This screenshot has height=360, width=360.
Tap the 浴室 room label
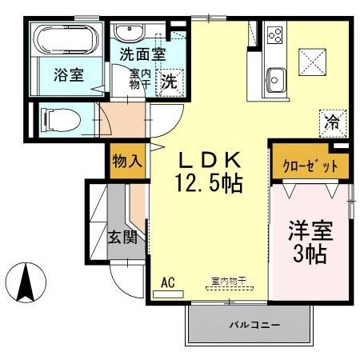coord(69,76)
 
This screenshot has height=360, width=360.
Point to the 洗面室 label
coord(142,56)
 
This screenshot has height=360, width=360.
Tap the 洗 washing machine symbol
coord(170,81)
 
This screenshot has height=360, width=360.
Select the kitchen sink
coord(275,81)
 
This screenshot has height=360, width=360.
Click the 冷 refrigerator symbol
coord(331,122)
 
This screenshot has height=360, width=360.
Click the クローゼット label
coord(305,166)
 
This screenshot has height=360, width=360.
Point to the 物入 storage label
coord(127,161)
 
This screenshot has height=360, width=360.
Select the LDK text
coord(209,160)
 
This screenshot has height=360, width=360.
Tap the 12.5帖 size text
coord(210,185)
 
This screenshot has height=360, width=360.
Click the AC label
coord(168,282)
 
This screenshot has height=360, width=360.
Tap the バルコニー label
coord(250,326)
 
